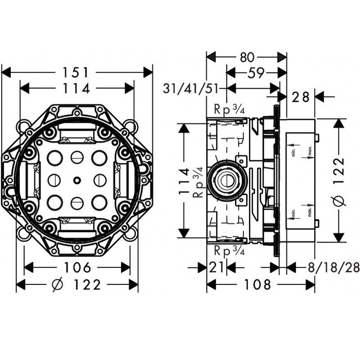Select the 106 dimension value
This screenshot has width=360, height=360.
[x=77, y=268]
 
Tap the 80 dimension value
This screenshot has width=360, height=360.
[x=247, y=57]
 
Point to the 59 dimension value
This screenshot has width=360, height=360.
[x=255, y=72]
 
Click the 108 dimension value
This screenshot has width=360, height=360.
[x=261, y=284]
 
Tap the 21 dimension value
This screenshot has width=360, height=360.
[x=216, y=268]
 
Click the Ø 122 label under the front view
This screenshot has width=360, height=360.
[x=77, y=284]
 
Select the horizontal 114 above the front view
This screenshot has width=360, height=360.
[x=77, y=89]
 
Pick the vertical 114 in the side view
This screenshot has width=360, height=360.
[x=183, y=180]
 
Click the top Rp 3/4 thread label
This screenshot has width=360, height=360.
[x=229, y=109]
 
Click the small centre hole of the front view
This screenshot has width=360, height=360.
[x=77, y=180]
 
